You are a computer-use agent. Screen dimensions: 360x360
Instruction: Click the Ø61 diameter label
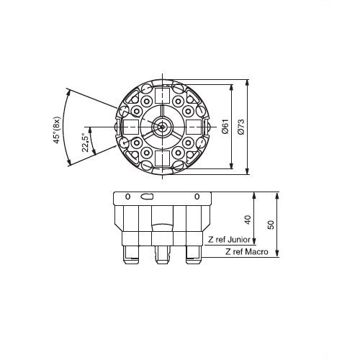coord(225,126)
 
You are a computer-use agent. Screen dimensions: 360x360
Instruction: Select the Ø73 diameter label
coord(240,126)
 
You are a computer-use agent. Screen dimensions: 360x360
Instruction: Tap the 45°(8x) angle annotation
coord(57,130)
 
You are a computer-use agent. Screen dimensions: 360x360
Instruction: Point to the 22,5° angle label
coord(86,143)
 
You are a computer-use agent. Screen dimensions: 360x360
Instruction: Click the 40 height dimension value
coord(247,220)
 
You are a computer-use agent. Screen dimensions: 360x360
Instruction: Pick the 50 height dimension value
coord(271,225)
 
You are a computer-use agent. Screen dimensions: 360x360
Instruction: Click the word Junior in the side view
coord(239,240)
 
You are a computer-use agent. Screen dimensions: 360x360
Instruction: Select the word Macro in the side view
coord(257,252)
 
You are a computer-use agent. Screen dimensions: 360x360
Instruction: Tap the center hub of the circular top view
coord(163,127)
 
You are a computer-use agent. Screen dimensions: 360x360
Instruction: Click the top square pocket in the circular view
coord(163,96)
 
